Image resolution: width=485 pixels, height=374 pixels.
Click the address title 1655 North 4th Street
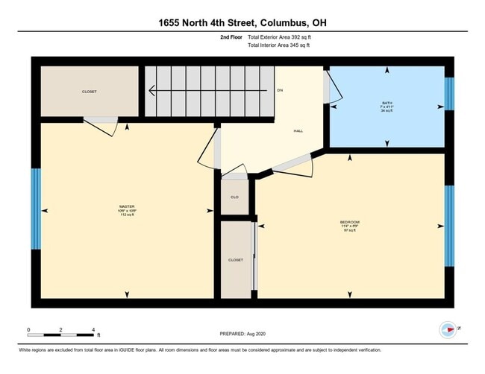[242, 23]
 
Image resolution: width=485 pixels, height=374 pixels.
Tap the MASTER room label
[126, 206]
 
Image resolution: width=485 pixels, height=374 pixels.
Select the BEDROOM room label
[350, 222]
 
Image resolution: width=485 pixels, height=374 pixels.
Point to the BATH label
[387, 103]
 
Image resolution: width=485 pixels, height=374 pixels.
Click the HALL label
[298, 131]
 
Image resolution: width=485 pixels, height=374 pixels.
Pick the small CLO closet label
[234, 198]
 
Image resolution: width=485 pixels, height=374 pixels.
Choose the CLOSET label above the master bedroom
[89, 92]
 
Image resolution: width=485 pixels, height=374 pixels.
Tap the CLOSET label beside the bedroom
[236, 260]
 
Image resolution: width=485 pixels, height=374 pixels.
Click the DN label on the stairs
[280, 90]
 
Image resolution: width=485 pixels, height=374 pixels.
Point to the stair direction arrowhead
[152, 91]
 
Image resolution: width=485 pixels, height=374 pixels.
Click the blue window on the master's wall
[35, 209]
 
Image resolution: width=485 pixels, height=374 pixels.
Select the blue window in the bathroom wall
[448, 93]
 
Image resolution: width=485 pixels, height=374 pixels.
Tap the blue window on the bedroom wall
[449, 226]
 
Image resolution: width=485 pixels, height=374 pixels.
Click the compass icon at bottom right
[447, 329]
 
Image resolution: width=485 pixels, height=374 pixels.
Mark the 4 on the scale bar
[93, 329]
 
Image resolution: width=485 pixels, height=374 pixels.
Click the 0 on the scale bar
[28, 329]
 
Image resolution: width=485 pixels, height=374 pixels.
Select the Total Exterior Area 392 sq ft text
[278, 37]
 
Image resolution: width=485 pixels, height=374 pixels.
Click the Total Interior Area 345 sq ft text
[278, 45]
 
